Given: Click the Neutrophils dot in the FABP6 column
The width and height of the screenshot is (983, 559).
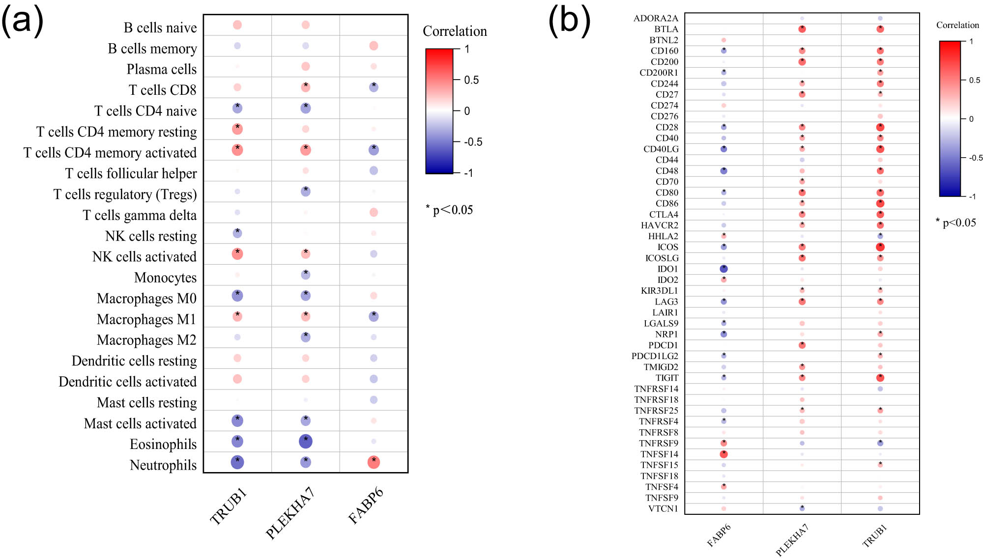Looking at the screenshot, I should point(374,462).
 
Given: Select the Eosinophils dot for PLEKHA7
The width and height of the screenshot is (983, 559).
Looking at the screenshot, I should point(306,442).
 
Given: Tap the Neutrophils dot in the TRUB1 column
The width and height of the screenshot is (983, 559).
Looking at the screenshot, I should point(237,462).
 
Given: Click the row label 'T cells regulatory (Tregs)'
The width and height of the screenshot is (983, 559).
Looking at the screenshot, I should point(125,195).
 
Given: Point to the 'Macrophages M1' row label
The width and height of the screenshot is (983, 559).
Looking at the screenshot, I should point(146,319).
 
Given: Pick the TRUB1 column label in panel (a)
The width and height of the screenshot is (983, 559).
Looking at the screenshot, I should point(228,507).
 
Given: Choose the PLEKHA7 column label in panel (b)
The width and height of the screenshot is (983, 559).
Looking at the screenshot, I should point(792,539).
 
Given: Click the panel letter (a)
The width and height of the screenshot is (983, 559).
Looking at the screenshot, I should point(22,22).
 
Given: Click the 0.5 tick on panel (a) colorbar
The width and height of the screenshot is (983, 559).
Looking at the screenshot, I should point(471,80).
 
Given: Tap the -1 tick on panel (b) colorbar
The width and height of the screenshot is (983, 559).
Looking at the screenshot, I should point(972,196).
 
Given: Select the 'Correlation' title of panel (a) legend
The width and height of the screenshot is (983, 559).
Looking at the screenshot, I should point(455,31).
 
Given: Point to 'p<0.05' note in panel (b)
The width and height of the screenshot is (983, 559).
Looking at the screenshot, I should point(958,223).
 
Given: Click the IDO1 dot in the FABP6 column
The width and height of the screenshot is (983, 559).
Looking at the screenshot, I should point(723,269).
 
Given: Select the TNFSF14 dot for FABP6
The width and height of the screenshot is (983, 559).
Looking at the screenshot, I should point(723,454).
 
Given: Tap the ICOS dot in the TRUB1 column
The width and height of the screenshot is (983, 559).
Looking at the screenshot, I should point(880,247).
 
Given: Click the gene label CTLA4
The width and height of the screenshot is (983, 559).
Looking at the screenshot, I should point(664,215).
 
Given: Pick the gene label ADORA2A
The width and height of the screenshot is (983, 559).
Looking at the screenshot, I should point(656,19).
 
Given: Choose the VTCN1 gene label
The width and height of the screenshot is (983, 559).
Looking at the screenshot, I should point(663,509).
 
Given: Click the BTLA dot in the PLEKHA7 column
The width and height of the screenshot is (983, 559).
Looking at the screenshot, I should point(802,29).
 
